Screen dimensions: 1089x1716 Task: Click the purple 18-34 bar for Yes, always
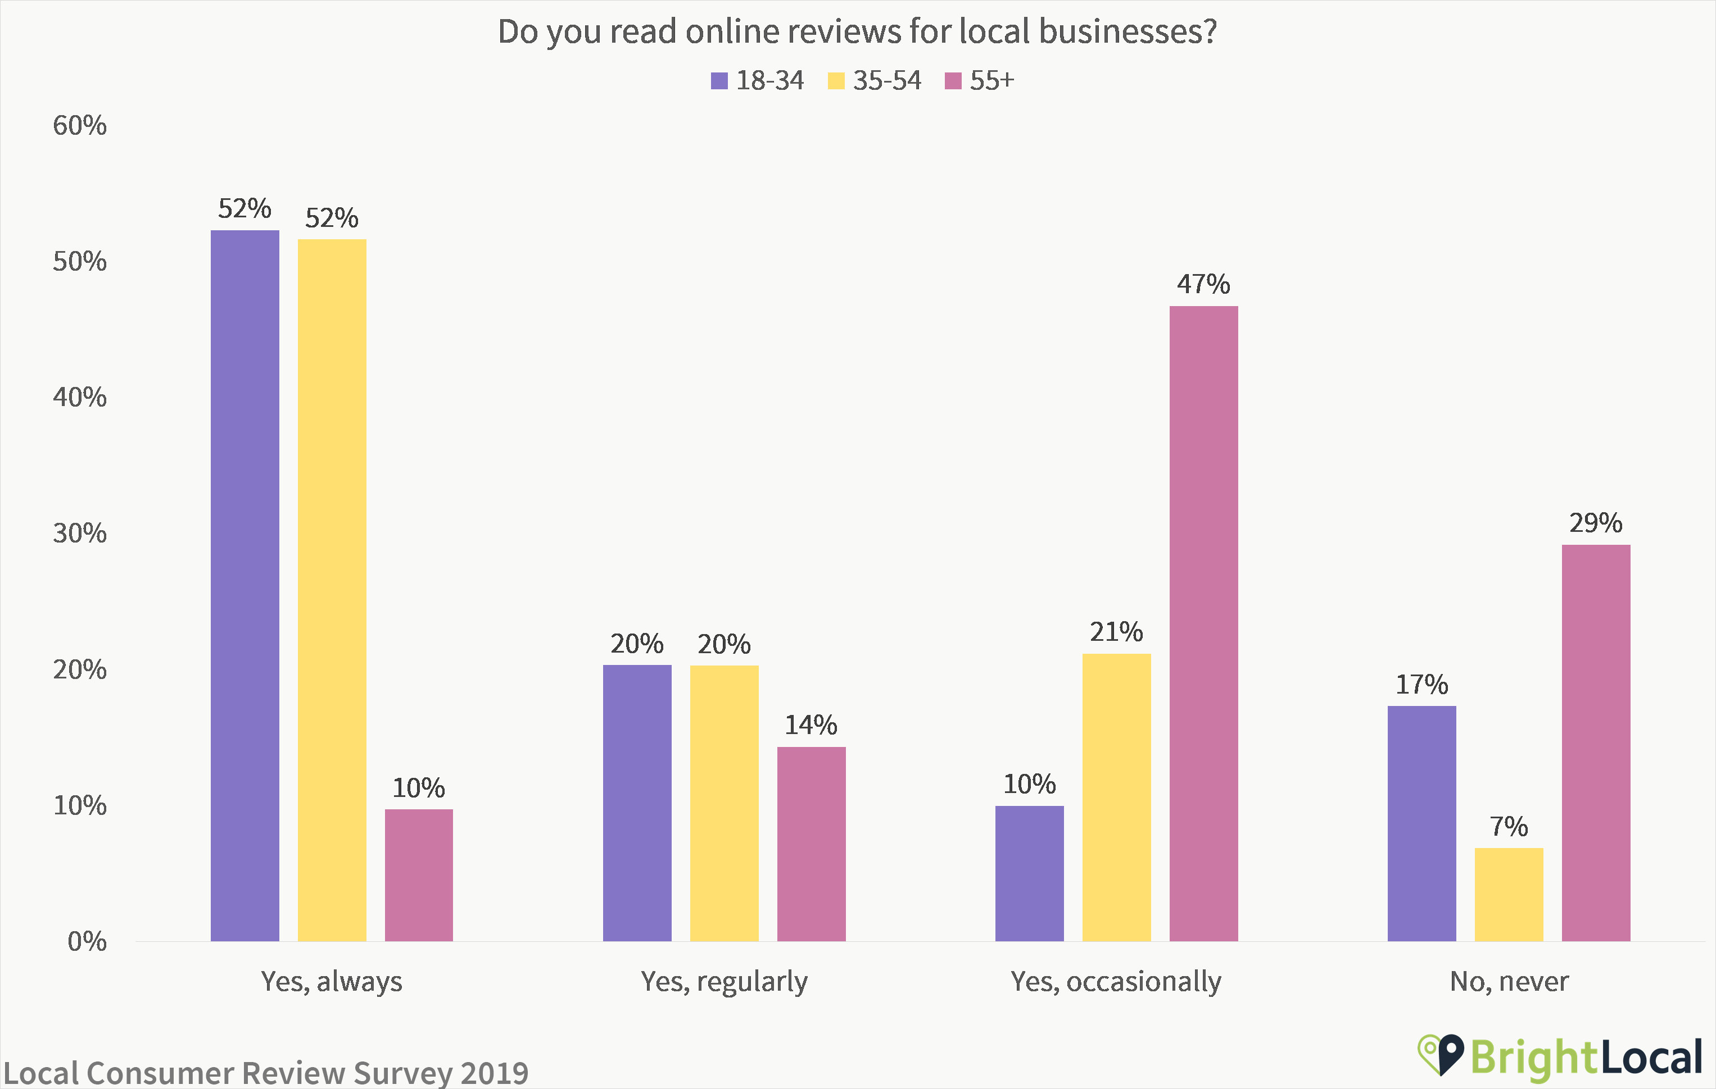(245, 585)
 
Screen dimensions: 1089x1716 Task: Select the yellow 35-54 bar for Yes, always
(332, 590)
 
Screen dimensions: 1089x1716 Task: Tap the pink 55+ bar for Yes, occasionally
(1203, 623)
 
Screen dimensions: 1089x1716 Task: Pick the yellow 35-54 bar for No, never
(1509, 895)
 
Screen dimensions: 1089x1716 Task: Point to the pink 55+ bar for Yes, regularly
(811, 844)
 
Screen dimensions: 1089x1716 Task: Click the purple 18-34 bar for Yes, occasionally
(1029, 873)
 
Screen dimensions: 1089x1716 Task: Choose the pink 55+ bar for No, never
(1596, 743)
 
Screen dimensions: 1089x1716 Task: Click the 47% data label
(1203, 284)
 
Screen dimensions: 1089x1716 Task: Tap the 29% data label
(1596, 523)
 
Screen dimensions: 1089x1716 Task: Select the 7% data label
(1509, 826)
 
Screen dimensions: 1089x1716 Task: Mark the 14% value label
(811, 725)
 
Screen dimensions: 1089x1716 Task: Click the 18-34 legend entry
(758, 80)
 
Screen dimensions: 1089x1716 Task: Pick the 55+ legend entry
(979, 80)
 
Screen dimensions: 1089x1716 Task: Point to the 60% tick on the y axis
(80, 125)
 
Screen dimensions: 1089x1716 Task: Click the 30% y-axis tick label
(80, 533)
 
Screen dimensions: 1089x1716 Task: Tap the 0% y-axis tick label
(87, 941)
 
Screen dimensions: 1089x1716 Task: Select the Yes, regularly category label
(724, 982)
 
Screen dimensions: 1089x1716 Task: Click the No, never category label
(1509, 982)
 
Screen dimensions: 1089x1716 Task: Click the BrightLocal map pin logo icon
(1441, 1055)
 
